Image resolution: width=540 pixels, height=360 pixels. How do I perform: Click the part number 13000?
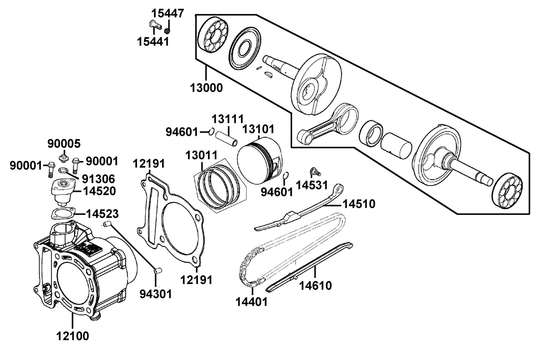click(x=206, y=88)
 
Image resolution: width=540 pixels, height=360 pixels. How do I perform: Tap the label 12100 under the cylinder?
click(x=73, y=336)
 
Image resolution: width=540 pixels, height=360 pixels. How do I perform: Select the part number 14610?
click(x=316, y=286)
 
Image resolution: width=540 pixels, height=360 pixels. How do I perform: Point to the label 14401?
click(x=251, y=301)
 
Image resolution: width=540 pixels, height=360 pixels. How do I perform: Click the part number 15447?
click(x=167, y=13)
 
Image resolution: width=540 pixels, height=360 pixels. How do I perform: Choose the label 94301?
click(x=156, y=294)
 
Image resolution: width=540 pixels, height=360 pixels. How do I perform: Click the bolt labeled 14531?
click(x=315, y=172)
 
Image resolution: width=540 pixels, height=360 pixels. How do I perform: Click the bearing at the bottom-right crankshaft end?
click(x=508, y=190)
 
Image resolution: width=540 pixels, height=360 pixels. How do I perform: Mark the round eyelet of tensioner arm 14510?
click(x=339, y=189)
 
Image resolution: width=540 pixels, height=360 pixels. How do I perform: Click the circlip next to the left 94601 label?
click(x=211, y=131)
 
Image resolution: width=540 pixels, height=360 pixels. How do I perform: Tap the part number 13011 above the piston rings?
click(x=202, y=155)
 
